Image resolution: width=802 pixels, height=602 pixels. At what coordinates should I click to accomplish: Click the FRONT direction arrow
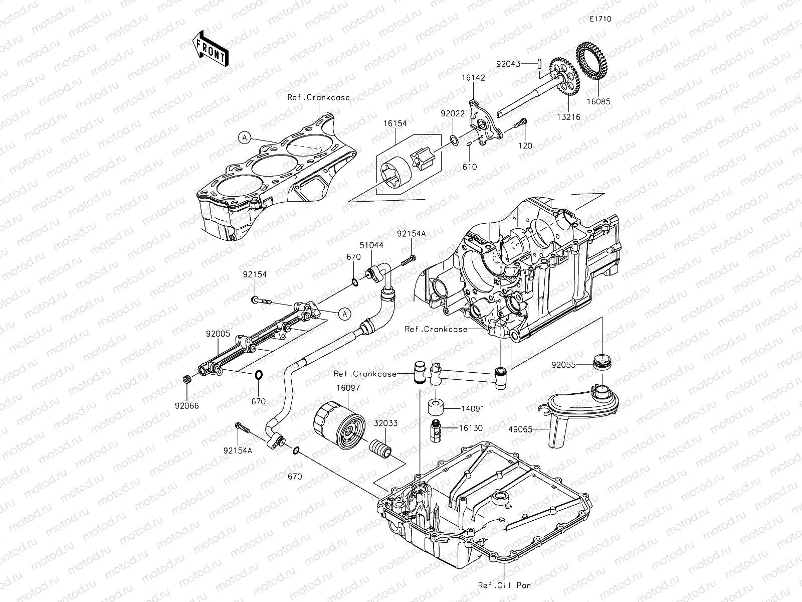click(210, 49)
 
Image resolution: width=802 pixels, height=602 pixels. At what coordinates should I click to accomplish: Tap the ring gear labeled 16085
click(592, 61)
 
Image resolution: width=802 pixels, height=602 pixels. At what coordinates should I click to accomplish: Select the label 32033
click(385, 423)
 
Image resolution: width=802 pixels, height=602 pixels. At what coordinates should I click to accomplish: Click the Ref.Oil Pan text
click(504, 584)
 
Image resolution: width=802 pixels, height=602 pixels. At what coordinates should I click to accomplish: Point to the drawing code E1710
click(600, 19)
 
